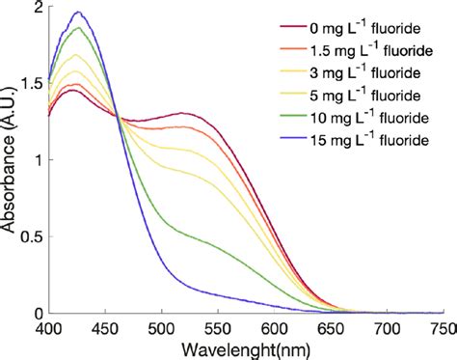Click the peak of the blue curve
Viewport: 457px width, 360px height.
(78, 13)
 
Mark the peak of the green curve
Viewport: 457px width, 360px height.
(78, 28)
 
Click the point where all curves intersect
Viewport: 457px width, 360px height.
(117, 118)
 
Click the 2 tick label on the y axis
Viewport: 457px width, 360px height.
(39, 8)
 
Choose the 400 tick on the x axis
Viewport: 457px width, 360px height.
(48, 328)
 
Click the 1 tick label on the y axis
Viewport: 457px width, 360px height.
(39, 161)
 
